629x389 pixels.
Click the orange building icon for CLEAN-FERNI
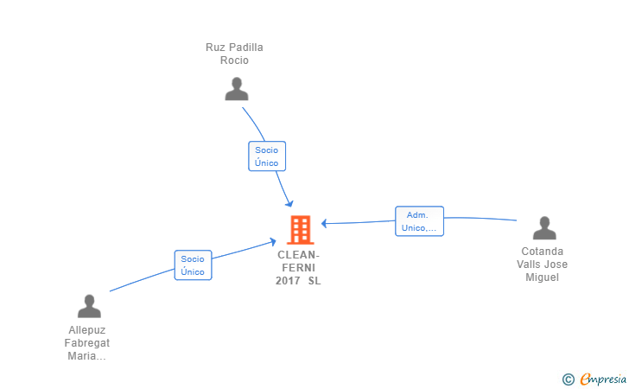(x=300, y=230)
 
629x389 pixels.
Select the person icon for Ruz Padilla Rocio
(x=236, y=89)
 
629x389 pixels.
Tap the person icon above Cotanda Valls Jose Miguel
(x=544, y=228)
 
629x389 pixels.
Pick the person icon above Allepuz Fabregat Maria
(x=89, y=306)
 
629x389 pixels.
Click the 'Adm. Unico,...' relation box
(x=419, y=221)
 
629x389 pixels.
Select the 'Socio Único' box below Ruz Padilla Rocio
(x=266, y=156)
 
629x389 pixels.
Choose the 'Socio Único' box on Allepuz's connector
(x=193, y=265)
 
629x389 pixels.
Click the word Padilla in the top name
(x=245, y=48)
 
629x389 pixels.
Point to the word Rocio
(x=234, y=61)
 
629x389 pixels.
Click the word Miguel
(x=543, y=277)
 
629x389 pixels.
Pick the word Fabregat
(x=87, y=343)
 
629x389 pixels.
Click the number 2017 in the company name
(x=288, y=281)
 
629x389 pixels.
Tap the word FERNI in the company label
(x=299, y=268)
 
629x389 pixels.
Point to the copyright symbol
(x=568, y=379)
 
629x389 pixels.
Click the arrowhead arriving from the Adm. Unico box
(x=325, y=223)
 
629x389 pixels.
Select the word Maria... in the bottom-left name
(x=87, y=356)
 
